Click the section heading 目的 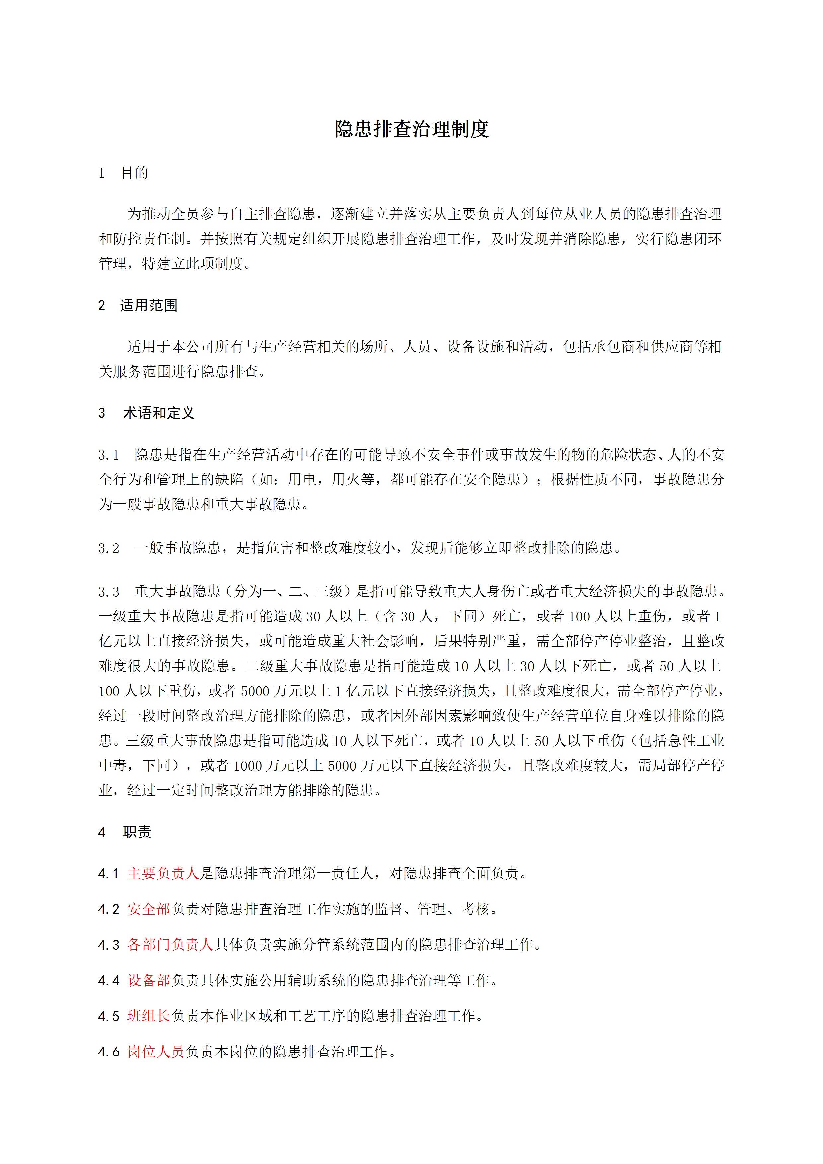135,173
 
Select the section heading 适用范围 149,305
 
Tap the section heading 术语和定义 159,413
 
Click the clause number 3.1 109,455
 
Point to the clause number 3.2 109,548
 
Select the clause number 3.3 109,592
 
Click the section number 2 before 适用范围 102,306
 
